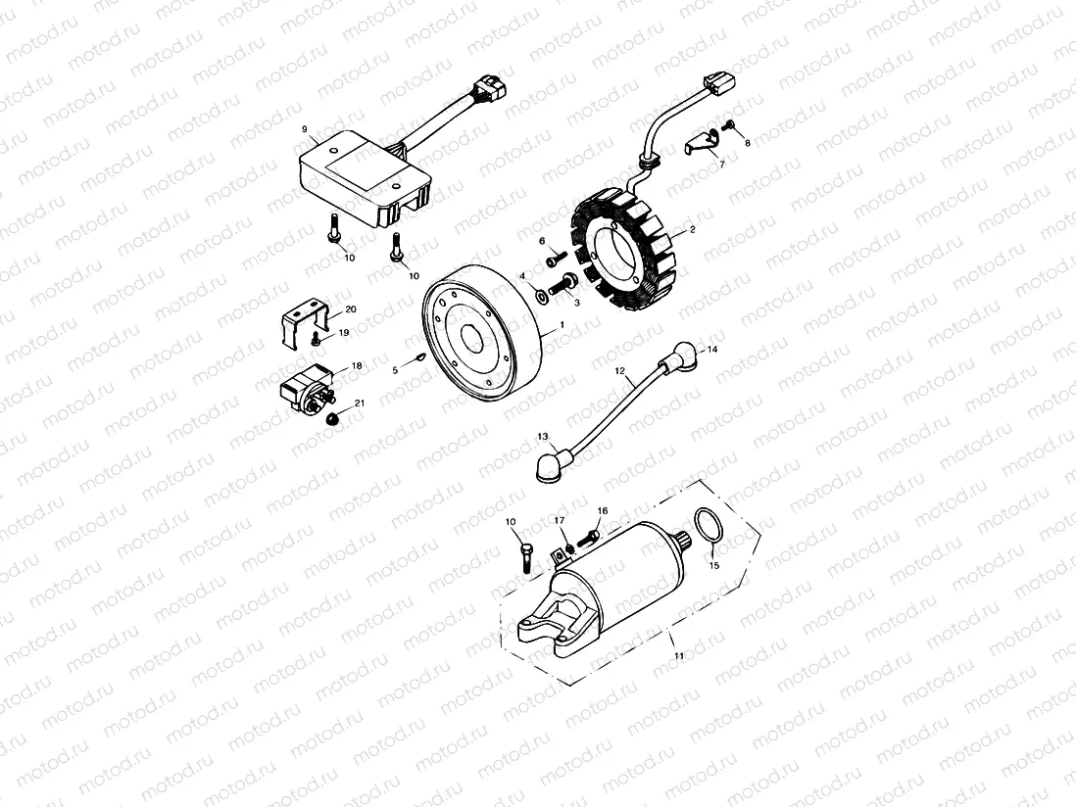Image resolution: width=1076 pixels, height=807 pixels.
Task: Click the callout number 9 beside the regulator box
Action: (x=304, y=129)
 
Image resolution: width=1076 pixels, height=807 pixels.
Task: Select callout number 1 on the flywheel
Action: (x=562, y=323)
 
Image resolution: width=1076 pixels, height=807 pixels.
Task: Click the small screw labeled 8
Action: (x=731, y=124)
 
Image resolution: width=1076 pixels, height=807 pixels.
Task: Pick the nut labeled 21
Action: (x=334, y=419)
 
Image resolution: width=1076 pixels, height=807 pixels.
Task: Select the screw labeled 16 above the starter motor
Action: (x=590, y=538)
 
